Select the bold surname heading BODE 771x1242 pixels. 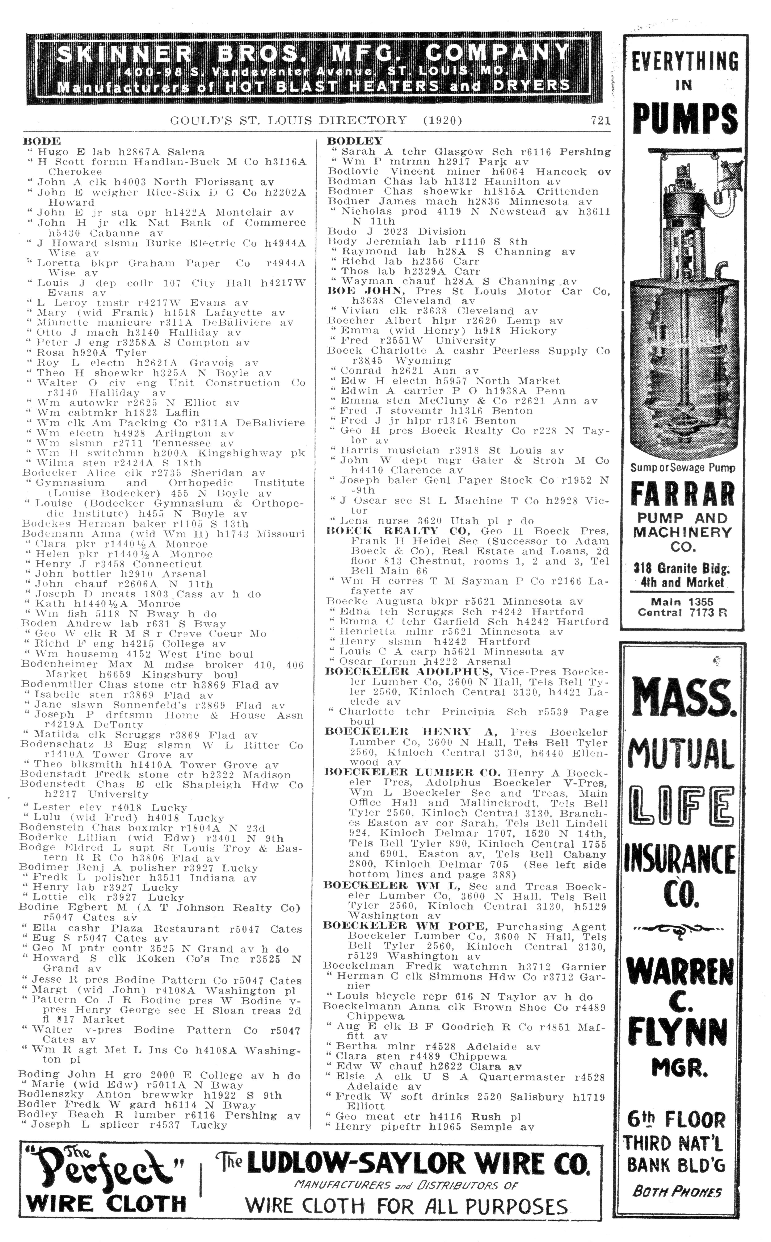(x=42, y=141)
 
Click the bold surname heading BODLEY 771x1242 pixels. (x=354, y=141)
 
